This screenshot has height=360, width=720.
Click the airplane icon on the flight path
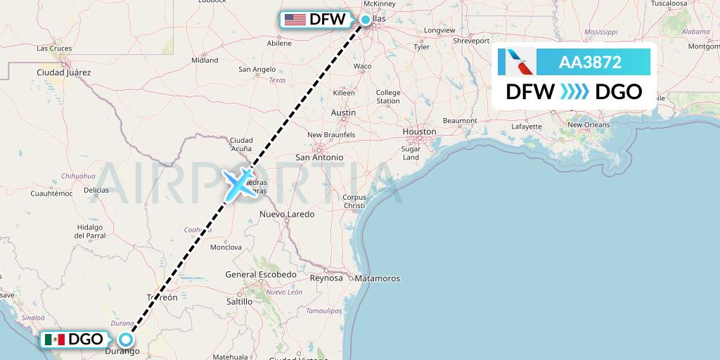(239, 183)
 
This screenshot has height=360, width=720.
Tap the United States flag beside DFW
(295, 20)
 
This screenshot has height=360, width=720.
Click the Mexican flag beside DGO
(54, 340)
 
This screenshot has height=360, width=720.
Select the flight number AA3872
(590, 62)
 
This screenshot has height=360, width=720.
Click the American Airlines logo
(517, 62)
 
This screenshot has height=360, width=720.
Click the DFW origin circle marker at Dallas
(366, 20)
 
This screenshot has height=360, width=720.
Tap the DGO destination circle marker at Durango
(126, 339)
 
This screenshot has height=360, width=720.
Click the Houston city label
(419, 131)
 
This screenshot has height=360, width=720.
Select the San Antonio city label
(319, 157)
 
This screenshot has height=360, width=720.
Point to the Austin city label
(343, 112)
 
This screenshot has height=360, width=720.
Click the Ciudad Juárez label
(64, 72)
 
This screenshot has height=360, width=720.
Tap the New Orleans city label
(589, 124)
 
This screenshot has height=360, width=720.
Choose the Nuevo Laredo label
(287, 214)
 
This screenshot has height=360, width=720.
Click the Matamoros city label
(377, 278)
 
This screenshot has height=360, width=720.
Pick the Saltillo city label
(239, 301)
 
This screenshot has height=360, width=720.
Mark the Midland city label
(205, 60)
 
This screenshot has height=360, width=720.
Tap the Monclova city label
(226, 247)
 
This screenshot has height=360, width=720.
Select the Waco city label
(362, 66)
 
